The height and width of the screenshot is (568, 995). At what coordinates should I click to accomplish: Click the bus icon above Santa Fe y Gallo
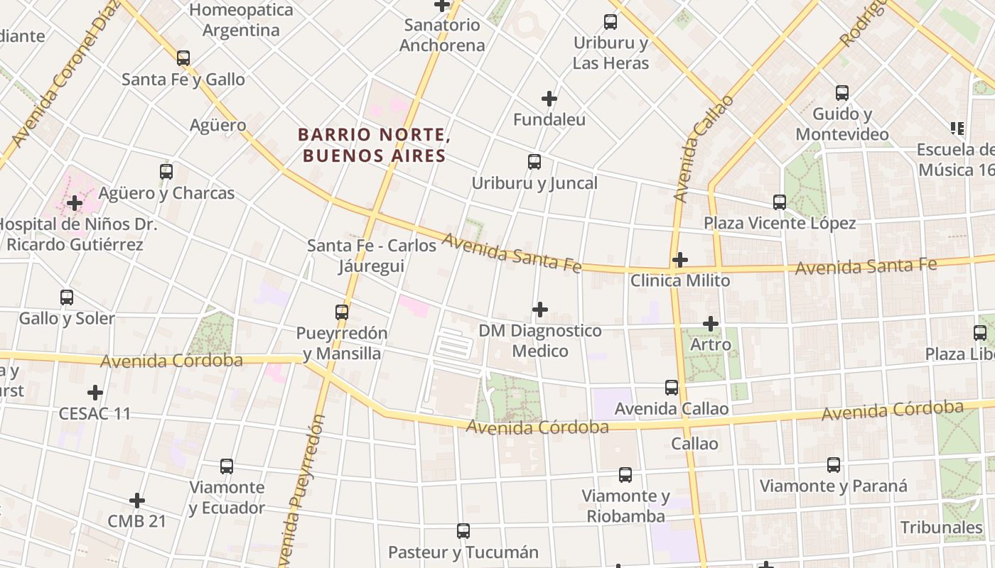183,58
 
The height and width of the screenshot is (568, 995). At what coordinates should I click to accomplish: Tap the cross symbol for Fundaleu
549,99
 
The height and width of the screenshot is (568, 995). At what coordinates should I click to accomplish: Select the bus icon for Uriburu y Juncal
534,162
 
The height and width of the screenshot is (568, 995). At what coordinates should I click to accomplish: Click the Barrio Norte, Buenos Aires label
374,145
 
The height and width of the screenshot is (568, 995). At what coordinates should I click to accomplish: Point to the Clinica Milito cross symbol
680,260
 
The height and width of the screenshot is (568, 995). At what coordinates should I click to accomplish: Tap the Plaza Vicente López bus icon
780,202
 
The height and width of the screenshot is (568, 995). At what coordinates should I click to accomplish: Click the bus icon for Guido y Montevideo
842,93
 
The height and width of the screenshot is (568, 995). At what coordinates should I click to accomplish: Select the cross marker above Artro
711,324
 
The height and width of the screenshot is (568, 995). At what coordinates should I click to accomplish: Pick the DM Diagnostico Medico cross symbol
540,310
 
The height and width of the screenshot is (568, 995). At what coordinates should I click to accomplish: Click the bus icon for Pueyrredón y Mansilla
342,312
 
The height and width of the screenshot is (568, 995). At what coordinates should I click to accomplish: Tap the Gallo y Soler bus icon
67,297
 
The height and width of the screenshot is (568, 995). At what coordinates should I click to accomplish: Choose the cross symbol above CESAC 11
95,393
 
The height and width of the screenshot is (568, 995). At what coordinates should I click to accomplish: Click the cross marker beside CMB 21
137,501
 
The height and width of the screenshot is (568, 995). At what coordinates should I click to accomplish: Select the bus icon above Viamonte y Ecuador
227,466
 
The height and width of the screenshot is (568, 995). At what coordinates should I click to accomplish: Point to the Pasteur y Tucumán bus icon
463,531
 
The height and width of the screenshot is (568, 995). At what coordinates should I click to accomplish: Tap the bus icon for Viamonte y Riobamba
625,475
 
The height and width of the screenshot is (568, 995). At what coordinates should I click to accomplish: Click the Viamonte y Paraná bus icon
834,466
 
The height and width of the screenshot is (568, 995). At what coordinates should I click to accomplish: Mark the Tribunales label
942,528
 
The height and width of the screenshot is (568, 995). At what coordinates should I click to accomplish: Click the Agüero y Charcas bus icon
166,172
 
